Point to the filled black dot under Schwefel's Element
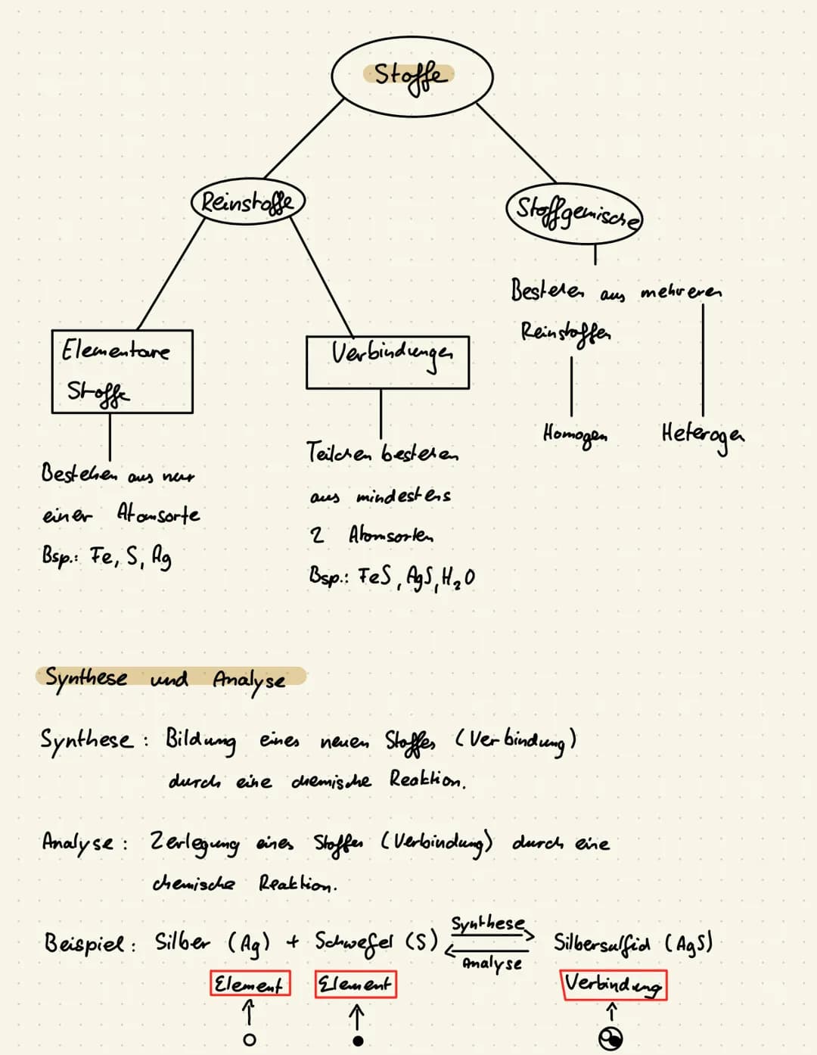pyautogui.click(x=358, y=1041)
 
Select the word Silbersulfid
pyautogui.click(x=601, y=942)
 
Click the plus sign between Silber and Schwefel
pyautogui.click(x=292, y=942)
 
